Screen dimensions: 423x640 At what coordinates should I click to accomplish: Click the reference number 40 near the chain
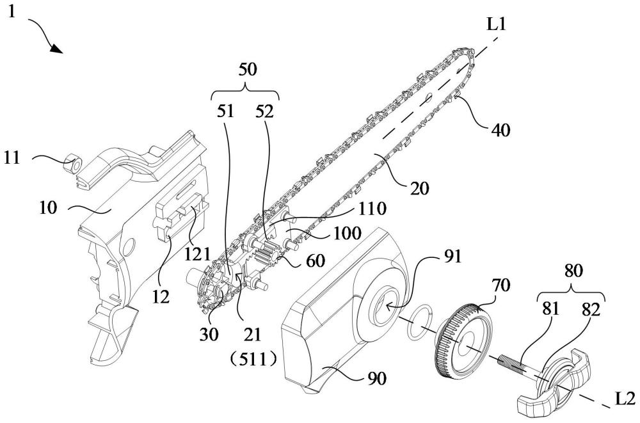point(501,131)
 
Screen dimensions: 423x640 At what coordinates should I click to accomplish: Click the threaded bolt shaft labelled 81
point(518,370)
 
